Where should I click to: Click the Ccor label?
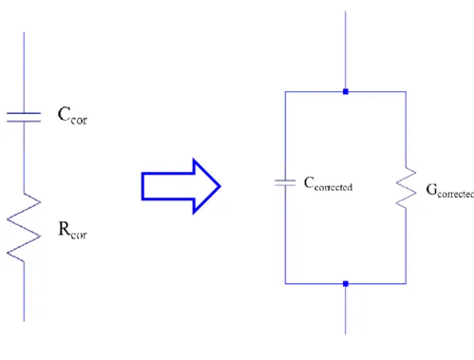click(72, 115)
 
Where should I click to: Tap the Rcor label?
click(72, 230)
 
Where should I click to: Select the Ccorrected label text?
click(328, 183)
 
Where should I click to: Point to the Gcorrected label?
click(450, 191)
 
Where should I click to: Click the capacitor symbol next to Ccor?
click(24, 117)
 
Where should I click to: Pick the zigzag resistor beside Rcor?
click(24, 227)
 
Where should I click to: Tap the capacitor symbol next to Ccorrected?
click(285, 182)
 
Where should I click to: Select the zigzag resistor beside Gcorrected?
click(406, 188)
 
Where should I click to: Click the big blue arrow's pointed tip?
click(220, 186)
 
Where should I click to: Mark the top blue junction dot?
click(346, 92)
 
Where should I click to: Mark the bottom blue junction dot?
click(346, 284)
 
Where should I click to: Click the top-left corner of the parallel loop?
click(285, 92)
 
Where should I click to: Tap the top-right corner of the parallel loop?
click(406, 92)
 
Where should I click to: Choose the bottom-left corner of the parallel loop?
click(285, 284)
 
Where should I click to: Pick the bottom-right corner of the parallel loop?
click(406, 284)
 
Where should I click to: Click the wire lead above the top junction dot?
click(346, 50)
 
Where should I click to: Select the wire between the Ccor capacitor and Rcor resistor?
click(24, 157)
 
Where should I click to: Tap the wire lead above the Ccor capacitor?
click(24, 72)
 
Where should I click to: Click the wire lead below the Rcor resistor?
click(24, 292)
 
